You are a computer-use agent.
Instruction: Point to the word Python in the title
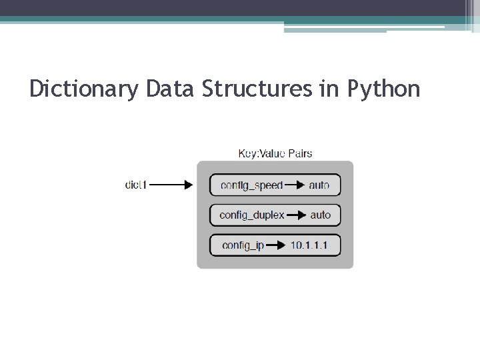pyautogui.click(x=384, y=89)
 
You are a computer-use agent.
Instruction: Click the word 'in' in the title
pyautogui.click(x=329, y=88)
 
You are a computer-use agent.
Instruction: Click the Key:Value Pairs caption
pyautogui.click(x=275, y=153)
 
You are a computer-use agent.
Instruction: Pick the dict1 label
pyautogui.click(x=136, y=185)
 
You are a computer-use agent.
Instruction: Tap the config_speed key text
pyautogui.click(x=251, y=185)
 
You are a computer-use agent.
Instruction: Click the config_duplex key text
pyautogui.click(x=252, y=215)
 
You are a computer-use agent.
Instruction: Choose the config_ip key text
pyautogui.click(x=243, y=245)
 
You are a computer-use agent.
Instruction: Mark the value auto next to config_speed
pyautogui.click(x=319, y=185)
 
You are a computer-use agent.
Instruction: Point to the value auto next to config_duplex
pyautogui.click(x=320, y=215)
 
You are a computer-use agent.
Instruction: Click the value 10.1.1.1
pyautogui.click(x=309, y=245)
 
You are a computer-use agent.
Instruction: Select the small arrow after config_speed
pyautogui.click(x=295, y=185)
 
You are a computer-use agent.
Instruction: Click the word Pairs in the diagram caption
pyautogui.click(x=298, y=153)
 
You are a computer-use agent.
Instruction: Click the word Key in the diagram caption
pyautogui.click(x=247, y=153)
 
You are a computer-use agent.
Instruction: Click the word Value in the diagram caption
pyautogui.click(x=270, y=153)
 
